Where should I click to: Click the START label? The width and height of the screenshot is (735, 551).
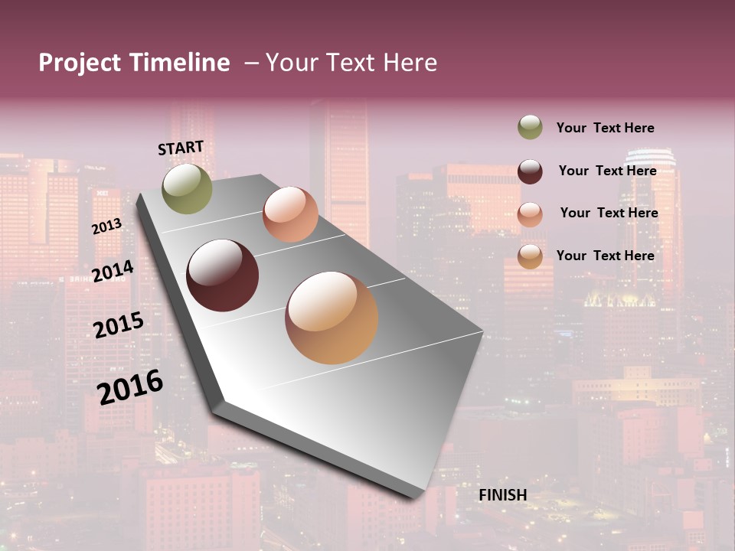181,148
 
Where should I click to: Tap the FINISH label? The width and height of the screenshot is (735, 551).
503,495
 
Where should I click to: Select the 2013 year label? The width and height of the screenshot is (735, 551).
107,227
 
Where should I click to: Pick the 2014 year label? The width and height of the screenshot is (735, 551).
113,271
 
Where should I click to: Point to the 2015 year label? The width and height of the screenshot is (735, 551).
119,325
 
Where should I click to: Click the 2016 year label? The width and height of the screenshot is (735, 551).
130,386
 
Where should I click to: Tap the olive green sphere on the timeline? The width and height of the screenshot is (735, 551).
187,188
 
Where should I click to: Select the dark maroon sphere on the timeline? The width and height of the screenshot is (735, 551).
222,275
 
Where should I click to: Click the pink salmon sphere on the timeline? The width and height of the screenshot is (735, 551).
290,214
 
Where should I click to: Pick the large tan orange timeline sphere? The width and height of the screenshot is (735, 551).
332,318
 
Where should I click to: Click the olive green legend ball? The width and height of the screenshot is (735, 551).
530,127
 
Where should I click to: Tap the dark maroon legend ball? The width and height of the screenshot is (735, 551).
530,171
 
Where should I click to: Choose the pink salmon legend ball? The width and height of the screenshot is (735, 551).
530,214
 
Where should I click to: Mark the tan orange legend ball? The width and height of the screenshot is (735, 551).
530,256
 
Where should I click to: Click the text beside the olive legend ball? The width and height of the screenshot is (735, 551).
605,128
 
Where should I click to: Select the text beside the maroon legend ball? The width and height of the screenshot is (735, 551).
607,171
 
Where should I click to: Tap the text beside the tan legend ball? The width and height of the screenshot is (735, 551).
605,256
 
